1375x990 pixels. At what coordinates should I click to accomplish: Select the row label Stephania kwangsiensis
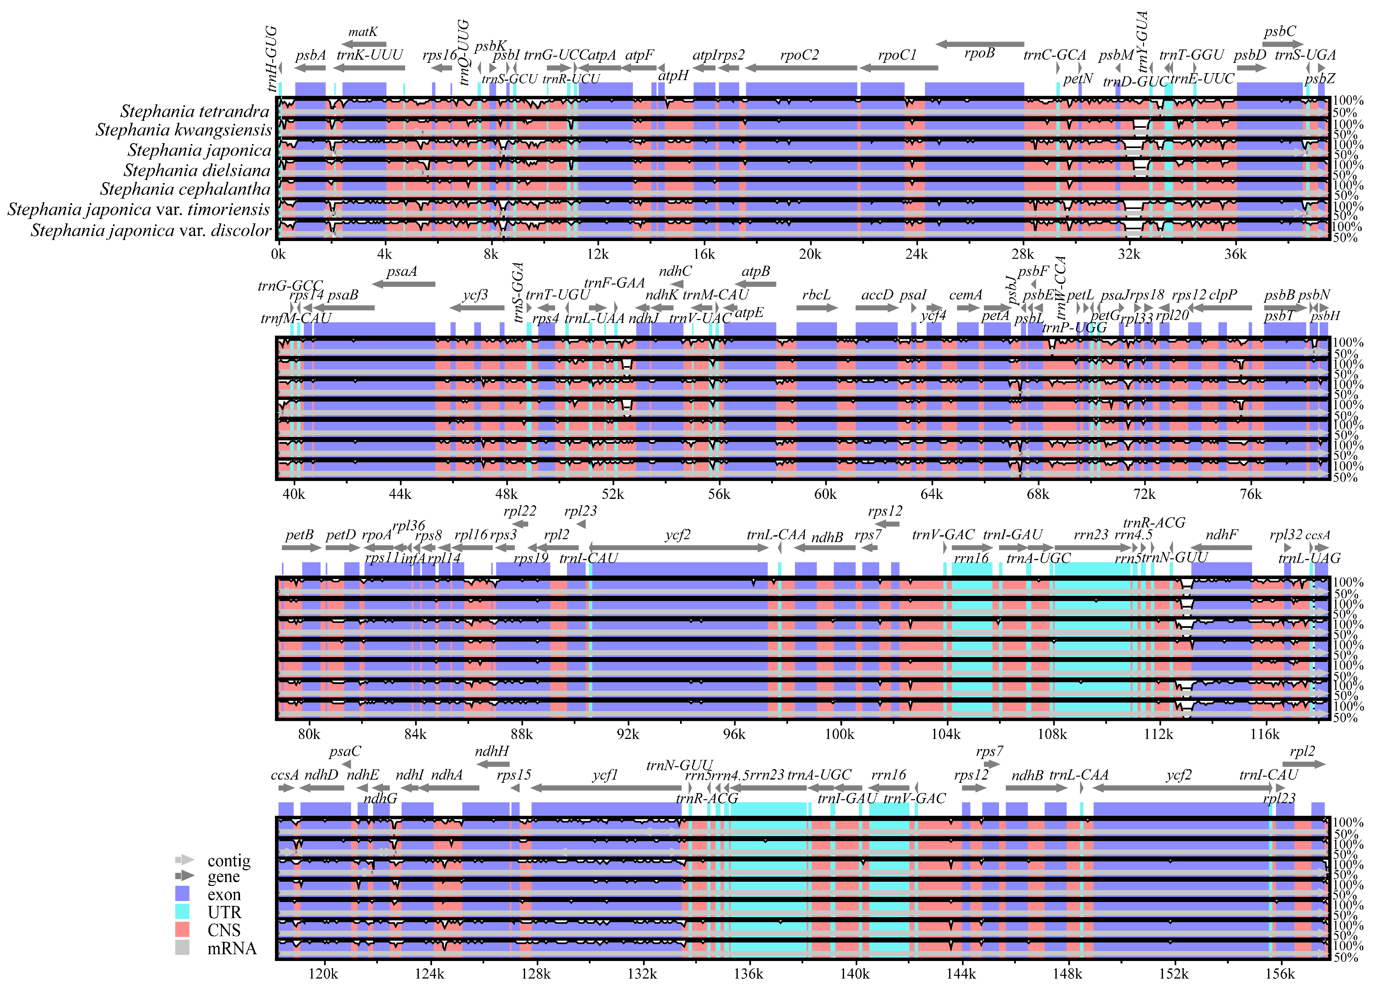pyautogui.click(x=184, y=131)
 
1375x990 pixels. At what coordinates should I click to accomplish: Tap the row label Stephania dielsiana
pyautogui.click(x=197, y=170)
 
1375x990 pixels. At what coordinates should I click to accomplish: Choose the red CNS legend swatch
pyautogui.click(x=182, y=929)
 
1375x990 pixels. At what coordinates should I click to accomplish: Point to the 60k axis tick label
pyautogui.click(x=825, y=494)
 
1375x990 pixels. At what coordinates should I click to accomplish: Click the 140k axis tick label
pyautogui.click(x=855, y=974)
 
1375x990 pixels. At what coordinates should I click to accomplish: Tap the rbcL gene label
pyautogui.click(x=816, y=296)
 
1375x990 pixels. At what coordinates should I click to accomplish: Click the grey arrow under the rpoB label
pyautogui.click(x=980, y=44)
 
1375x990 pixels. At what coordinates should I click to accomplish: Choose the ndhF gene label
pyautogui.click(x=1221, y=535)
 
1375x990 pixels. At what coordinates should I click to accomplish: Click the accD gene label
pyautogui.click(x=877, y=296)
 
